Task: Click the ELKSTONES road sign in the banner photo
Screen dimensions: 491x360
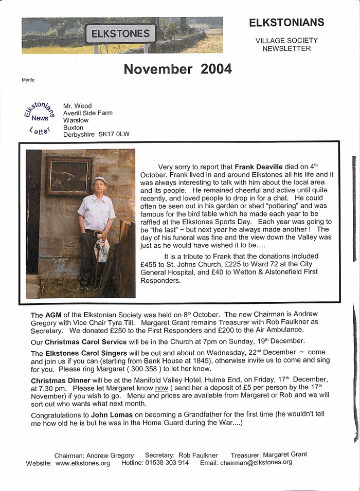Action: [x=120, y=34]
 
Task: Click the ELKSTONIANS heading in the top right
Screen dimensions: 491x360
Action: [x=286, y=22]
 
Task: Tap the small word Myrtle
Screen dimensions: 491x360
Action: [x=28, y=80]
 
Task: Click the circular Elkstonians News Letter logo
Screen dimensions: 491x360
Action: [x=39, y=118]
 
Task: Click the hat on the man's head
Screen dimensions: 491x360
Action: [x=99, y=181]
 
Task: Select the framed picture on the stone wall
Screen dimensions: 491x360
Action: [x=68, y=176]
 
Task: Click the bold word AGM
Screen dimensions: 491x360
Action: [x=53, y=315]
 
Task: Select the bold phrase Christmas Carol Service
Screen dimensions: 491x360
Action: [x=85, y=341]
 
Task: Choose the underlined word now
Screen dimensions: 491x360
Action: [x=161, y=388]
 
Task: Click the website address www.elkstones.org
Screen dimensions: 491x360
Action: [x=83, y=463]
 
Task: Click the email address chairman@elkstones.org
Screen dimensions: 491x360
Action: [x=256, y=462]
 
